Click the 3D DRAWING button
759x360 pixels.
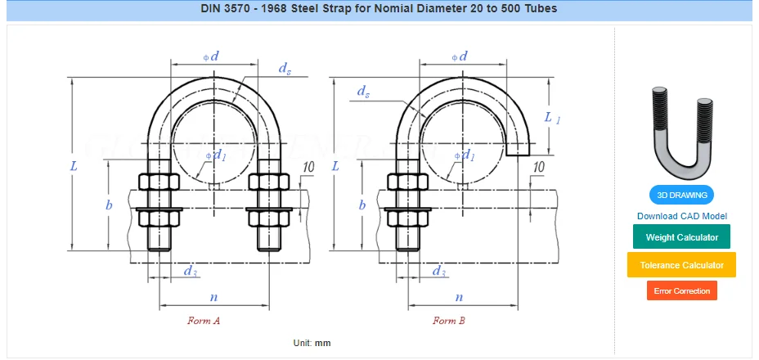pos(681,196)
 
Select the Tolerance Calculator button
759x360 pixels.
pos(681,265)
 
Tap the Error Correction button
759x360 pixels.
pos(681,290)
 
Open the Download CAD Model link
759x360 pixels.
pos(681,216)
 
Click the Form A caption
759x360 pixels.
pos(204,320)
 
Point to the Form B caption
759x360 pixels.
pos(449,320)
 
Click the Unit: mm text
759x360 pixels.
pos(312,343)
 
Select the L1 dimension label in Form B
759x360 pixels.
pos(552,117)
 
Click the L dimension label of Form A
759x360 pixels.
pos(74,166)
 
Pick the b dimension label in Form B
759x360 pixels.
pos(362,205)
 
